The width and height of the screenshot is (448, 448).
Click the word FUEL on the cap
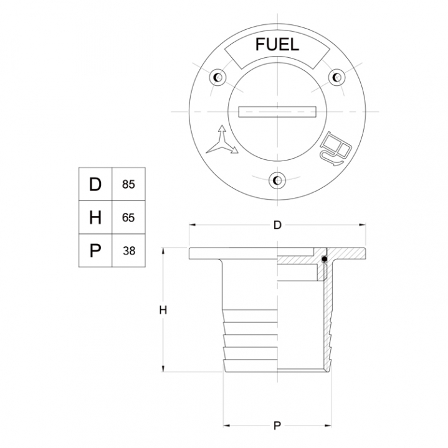tap(277, 45)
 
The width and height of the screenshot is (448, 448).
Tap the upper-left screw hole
tap(218, 77)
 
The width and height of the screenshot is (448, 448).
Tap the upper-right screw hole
tap(336, 77)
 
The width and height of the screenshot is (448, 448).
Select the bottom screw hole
tap(277, 180)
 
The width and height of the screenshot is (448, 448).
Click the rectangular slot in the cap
tap(277, 112)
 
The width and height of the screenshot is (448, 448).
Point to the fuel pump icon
tap(336, 149)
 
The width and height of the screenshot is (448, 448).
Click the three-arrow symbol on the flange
tap(222, 140)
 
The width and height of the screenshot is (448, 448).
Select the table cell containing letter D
tap(95, 184)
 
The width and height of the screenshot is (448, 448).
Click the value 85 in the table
tap(128, 185)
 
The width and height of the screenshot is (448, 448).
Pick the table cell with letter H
tap(95, 217)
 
